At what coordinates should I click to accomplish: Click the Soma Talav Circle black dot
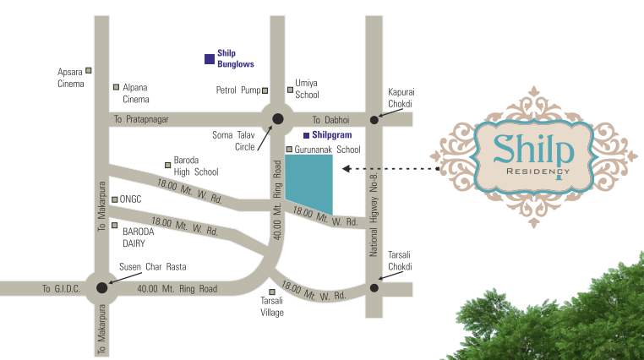(277, 119)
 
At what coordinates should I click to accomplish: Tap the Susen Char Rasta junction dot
(102, 287)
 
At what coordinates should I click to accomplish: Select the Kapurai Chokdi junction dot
(375, 120)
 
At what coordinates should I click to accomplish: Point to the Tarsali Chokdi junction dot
(374, 287)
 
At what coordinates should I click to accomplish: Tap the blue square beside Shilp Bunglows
(209, 58)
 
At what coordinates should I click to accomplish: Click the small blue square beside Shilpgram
(306, 134)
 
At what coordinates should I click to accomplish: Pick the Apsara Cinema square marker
(88, 70)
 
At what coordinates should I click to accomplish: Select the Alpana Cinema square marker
(116, 87)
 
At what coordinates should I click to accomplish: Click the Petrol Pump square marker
(265, 90)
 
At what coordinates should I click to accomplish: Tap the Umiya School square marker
(289, 84)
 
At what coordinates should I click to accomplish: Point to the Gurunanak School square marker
(289, 150)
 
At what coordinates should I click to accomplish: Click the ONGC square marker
(115, 199)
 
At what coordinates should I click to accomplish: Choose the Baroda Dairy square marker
(115, 225)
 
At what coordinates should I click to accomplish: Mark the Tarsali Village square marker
(271, 292)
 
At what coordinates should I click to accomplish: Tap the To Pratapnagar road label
(141, 120)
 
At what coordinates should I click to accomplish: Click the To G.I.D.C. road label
(61, 289)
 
